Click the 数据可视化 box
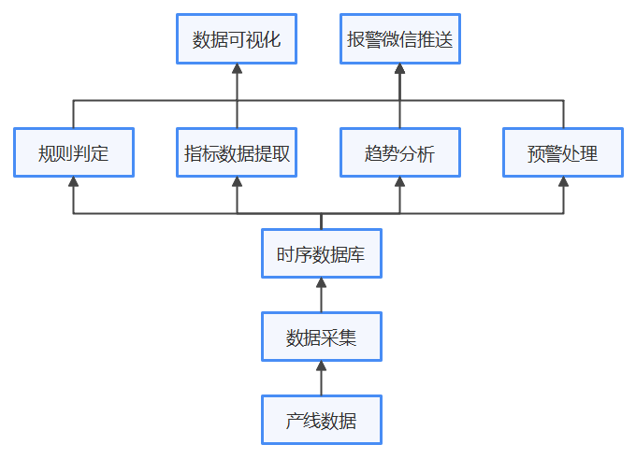[237, 39]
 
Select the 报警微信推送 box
[399, 39]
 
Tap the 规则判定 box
[74, 152]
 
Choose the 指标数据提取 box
[237, 152]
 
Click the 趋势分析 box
[399, 152]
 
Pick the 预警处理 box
[563, 152]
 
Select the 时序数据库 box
[321, 254]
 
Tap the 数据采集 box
[321, 337]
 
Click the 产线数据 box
[321, 420]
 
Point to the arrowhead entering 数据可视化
[237, 70]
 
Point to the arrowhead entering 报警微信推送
[399, 70]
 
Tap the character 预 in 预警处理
[537, 152]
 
